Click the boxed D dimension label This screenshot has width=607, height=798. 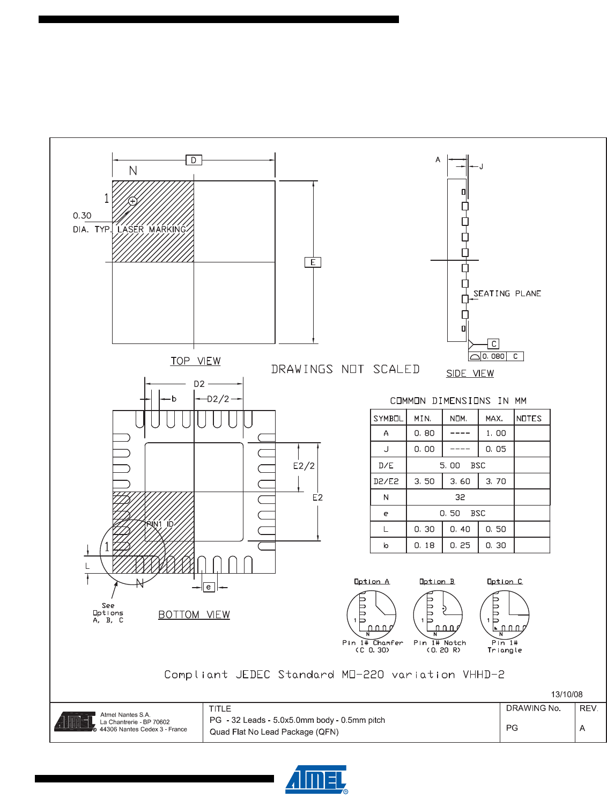point(194,160)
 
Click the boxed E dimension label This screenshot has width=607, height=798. point(313,262)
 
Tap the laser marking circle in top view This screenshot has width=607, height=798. point(133,201)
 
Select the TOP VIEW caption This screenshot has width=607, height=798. point(196,361)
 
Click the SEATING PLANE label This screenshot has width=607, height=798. point(507,294)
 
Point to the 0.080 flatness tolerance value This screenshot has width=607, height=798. point(493,356)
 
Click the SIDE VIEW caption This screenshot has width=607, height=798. point(470,374)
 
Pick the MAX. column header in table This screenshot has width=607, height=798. point(494,419)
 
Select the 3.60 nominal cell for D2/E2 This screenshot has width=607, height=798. point(460,481)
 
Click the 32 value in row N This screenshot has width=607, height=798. point(460,497)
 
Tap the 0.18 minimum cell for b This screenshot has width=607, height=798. point(424,545)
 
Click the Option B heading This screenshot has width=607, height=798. point(437,582)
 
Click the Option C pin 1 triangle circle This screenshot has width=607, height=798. point(504,615)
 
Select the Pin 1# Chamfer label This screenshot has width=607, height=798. point(373,643)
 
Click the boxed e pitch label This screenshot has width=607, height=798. point(209,587)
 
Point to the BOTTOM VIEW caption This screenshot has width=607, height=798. point(194,615)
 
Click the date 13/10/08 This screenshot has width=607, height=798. point(567,694)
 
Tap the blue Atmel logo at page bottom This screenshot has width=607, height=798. point(316,780)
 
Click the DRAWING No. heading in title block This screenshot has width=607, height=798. point(533,708)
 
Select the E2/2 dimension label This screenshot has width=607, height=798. point(303,466)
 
